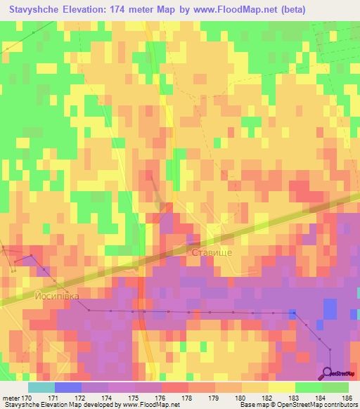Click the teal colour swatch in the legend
pyautogui.click(x=41, y=387)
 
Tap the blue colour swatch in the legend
pyautogui.click(x=67, y=387)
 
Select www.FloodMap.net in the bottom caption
pyautogui.click(x=150, y=405)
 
